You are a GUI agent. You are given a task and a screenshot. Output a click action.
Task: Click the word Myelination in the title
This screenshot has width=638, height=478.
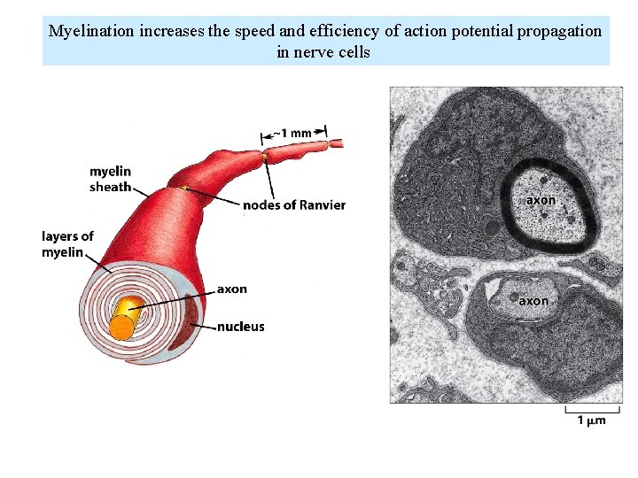coord(91,31)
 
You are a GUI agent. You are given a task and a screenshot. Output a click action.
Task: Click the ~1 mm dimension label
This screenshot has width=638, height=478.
coord(292,133)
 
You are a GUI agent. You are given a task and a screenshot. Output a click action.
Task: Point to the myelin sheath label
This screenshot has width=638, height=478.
coord(110,179)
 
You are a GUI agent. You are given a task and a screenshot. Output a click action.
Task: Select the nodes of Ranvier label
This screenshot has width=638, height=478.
coord(294,205)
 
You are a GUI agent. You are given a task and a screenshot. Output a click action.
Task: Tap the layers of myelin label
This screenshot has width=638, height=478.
coord(67,244)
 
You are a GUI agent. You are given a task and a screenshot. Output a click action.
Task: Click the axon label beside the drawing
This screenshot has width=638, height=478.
coord(232,289)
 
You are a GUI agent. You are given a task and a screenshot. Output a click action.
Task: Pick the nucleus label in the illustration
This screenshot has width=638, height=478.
coord(241,327)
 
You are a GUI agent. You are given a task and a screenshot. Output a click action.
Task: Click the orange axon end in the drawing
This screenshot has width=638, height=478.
coord(122,328)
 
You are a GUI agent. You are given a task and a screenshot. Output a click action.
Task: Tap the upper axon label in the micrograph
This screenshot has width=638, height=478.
coord(541,200)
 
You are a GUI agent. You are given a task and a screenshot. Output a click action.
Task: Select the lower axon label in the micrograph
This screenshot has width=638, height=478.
coord(533,301)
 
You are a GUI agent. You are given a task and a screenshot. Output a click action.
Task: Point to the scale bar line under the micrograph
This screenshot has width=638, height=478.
coord(585,410)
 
